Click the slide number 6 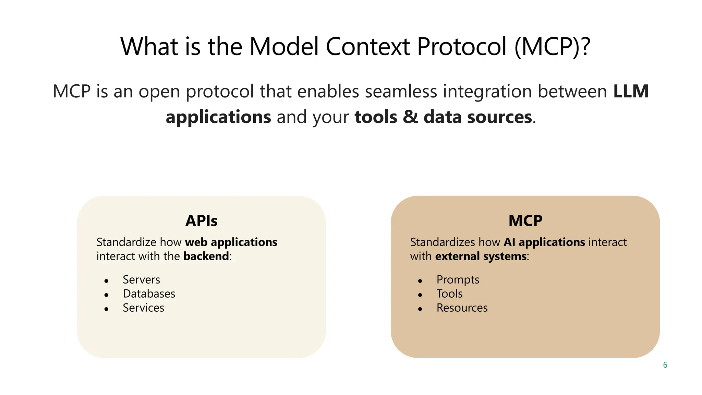click(665, 365)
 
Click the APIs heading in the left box click(201, 221)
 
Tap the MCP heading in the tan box click(525, 221)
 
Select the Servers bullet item click(141, 280)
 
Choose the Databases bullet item click(149, 294)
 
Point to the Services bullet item click(143, 308)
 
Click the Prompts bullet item click(458, 280)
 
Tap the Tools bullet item click(449, 294)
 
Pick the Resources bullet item click(462, 308)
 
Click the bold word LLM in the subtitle click(631, 92)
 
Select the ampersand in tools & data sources click(410, 117)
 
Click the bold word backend click(206, 256)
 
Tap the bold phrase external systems click(481, 256)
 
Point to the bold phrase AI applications click(544, 242)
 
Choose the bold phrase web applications click(231, 242)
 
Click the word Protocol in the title click(461, 47)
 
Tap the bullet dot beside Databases click(106, 295)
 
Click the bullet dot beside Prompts click(420, 281)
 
